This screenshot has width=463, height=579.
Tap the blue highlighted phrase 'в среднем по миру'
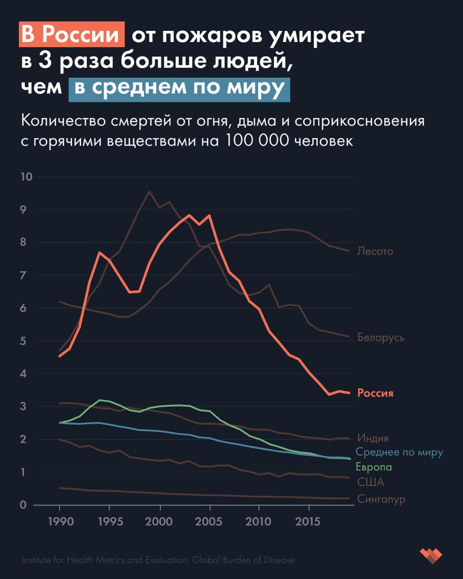[179, 89]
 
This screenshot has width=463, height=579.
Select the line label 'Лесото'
[375, 251]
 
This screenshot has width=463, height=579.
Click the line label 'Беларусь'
[381, 337]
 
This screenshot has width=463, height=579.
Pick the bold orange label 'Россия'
[375, 393]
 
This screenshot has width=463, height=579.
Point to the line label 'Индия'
[373, 439]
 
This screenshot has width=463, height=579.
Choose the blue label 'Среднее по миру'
[399, 453]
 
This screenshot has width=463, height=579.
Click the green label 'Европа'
[374, 467]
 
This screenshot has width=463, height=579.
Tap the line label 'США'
[371, 482]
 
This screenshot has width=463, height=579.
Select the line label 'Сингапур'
[381, 499]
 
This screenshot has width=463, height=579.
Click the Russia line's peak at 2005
[209, 216]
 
